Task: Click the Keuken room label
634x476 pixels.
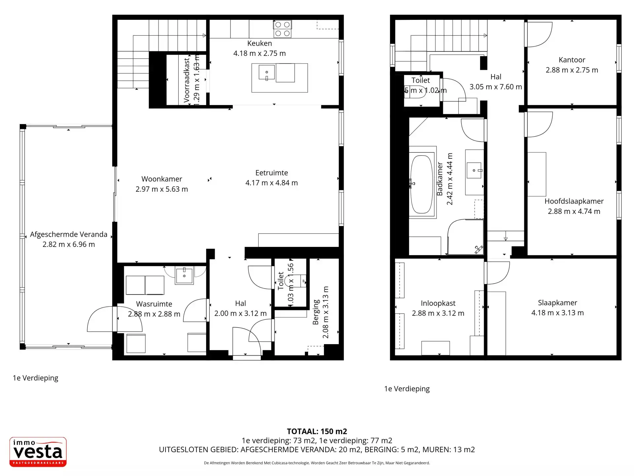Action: (260, 43)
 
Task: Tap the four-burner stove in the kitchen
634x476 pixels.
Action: (282, 29)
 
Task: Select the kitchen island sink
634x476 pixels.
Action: (266, 72)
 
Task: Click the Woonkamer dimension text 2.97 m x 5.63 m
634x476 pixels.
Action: (161, 189)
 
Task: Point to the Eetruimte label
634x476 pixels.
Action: (271, 173)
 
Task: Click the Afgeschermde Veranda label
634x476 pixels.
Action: (69, 234)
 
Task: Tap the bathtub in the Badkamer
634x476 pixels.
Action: (421, 184)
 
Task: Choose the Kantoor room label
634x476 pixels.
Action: (572, 60)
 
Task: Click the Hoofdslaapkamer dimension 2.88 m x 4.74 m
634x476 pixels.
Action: (574, 211)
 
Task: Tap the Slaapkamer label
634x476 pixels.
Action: (557, 302)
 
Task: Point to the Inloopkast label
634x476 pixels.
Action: (438, 303)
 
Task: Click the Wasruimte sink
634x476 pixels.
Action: (184, 276)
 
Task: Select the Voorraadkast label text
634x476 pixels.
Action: (187, 80)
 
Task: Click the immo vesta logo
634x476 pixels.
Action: (38, 452)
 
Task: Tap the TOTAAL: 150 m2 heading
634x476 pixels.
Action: (317, 431)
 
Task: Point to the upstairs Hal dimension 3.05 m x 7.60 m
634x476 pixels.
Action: (496, 87)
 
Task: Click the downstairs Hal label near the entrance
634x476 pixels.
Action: (240, 303)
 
